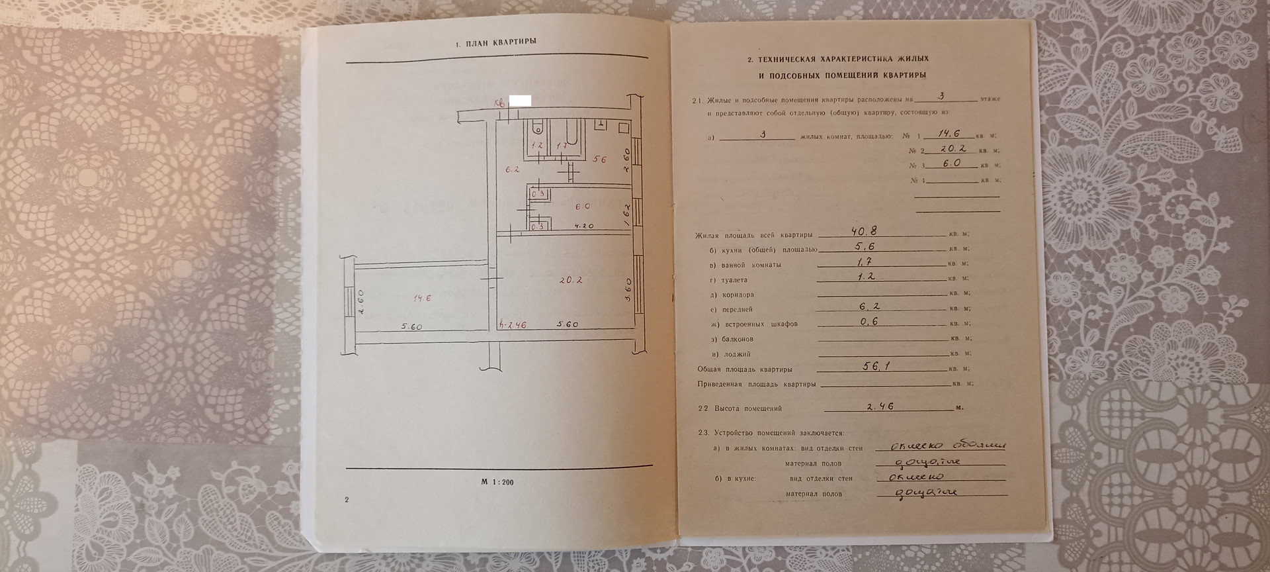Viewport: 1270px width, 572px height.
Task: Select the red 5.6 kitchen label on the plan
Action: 600,159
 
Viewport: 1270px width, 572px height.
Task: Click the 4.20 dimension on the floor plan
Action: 583,226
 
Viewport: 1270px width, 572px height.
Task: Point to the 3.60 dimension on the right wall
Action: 628,290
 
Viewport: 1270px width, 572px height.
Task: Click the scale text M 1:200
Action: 497,482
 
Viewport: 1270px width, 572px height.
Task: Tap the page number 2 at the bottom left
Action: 347,499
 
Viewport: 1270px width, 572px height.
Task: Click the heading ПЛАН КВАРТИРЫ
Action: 495,42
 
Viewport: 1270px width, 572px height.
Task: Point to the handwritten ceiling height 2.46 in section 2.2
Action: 879,406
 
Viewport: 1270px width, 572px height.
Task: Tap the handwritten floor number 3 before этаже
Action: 941,96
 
